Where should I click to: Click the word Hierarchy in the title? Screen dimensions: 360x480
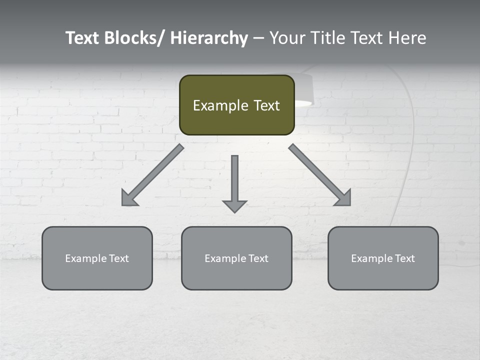point(209,38)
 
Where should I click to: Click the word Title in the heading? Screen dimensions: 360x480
point(326,38)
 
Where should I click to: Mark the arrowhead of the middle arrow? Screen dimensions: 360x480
point(234,205)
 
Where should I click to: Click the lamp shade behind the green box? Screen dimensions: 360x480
point(303,90)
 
